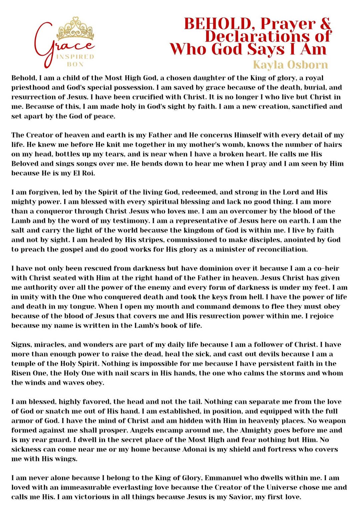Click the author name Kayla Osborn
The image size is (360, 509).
tap(290, 64)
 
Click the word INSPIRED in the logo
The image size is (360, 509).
tap(75, 57)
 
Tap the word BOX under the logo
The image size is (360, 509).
tap(75, 64)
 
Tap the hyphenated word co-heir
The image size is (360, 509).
tap(326, 268)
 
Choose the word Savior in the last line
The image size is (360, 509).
tap(238, 497)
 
